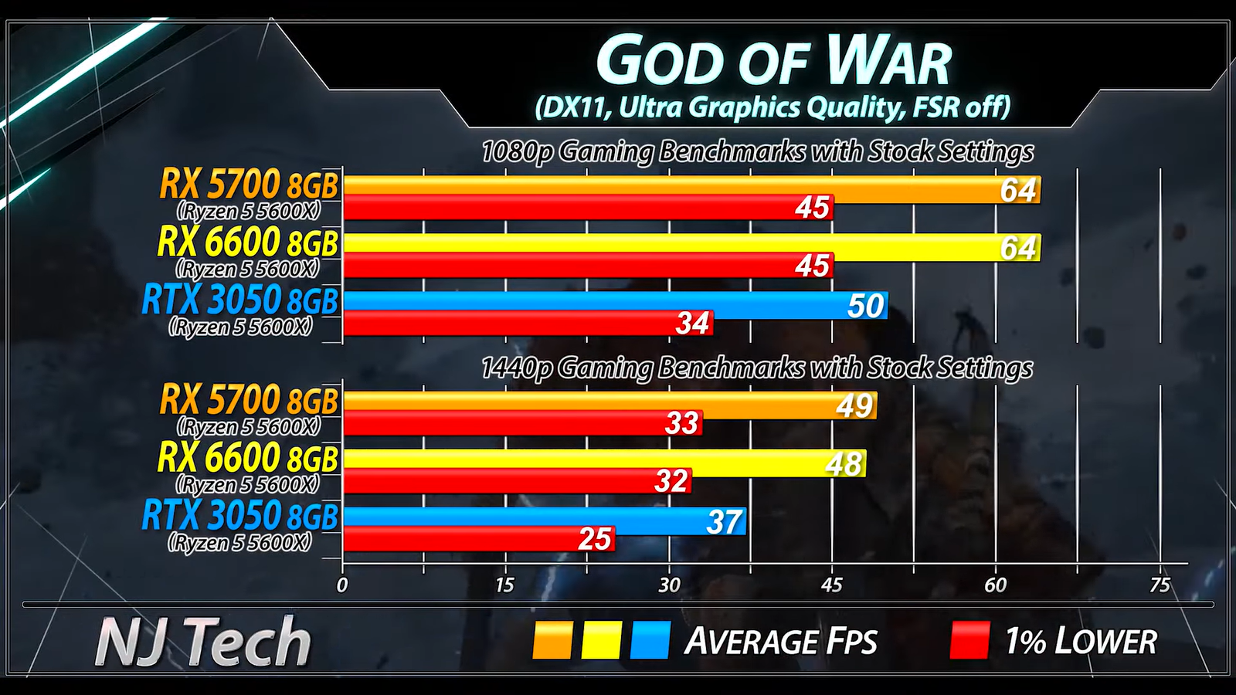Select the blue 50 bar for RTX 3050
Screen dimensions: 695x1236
614,305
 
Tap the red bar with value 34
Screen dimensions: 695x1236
527,324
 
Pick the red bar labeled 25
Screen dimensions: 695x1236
479,539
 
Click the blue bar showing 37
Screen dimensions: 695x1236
544,521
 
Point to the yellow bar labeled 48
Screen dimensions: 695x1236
603,463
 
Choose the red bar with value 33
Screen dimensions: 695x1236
522,423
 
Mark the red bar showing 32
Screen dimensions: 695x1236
517,481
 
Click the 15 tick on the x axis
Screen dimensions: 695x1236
504,585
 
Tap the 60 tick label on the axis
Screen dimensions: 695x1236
995,585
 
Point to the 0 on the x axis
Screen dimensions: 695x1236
342,585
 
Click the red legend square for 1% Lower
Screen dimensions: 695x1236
969,641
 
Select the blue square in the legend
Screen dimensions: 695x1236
650,641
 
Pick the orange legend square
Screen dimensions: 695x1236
552,641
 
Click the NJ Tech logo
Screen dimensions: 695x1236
202,641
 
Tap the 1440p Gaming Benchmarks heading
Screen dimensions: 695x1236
756,368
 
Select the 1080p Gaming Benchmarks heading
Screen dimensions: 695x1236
757,151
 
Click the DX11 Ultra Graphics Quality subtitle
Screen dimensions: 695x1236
772,107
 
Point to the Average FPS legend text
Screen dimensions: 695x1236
781,642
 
